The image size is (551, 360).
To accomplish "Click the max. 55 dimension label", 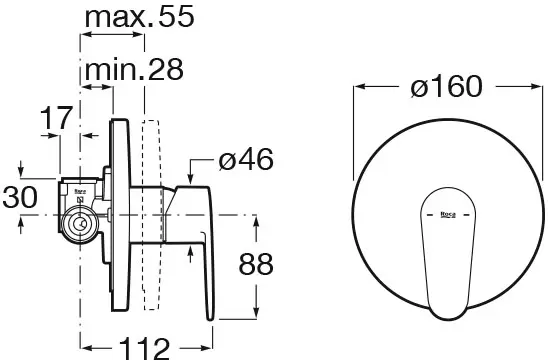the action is (x=140, y=17).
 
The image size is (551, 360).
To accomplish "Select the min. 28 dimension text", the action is (x=134, y=70).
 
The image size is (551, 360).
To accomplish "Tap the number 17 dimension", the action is (x=56, y=118).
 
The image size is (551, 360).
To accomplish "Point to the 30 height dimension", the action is (x=20, y=197).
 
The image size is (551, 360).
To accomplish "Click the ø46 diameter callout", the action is (x=246, y=159).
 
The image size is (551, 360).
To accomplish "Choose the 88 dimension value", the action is (x=255, y=264).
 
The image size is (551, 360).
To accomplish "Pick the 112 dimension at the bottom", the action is (x=144, y=348).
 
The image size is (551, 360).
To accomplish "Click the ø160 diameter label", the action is (x=446, y=86).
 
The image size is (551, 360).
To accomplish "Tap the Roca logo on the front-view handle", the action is (x=448, y=214).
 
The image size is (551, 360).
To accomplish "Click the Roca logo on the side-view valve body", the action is (x=80, y=192).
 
